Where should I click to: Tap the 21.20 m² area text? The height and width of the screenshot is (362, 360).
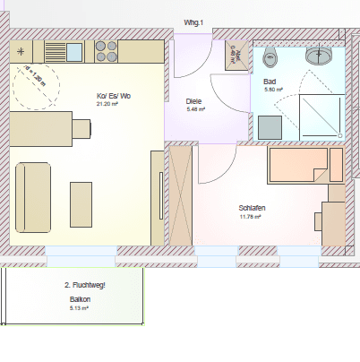[109, 104]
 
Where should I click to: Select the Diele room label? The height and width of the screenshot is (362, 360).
[194, 101]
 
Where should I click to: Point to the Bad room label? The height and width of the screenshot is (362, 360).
[270, 81]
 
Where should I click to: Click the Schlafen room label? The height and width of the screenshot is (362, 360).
[252, 207]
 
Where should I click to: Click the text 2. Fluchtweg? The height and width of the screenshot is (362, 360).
[85, 285]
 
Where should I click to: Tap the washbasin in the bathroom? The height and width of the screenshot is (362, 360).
[319, 56]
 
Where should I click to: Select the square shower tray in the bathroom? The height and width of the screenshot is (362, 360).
[320, 117]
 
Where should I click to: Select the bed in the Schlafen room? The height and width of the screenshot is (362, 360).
[304, 165]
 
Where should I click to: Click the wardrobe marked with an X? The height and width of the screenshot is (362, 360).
[181, 194]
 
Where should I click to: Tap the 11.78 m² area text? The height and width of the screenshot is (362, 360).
[251, 216]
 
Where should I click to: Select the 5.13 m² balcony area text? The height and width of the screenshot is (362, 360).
[79, 308]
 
